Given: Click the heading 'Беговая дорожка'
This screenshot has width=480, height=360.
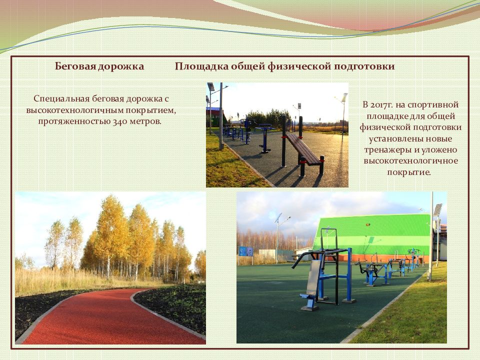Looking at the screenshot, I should [99, 66].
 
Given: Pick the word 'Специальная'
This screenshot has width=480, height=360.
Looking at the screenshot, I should [62, 98].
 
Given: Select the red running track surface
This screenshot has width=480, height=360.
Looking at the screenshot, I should [100, 320].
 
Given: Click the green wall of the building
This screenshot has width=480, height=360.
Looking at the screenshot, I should [380, 232].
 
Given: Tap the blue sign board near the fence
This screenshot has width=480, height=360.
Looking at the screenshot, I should [243, 251].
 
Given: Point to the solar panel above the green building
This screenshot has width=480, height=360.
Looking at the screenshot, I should [437, 210].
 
